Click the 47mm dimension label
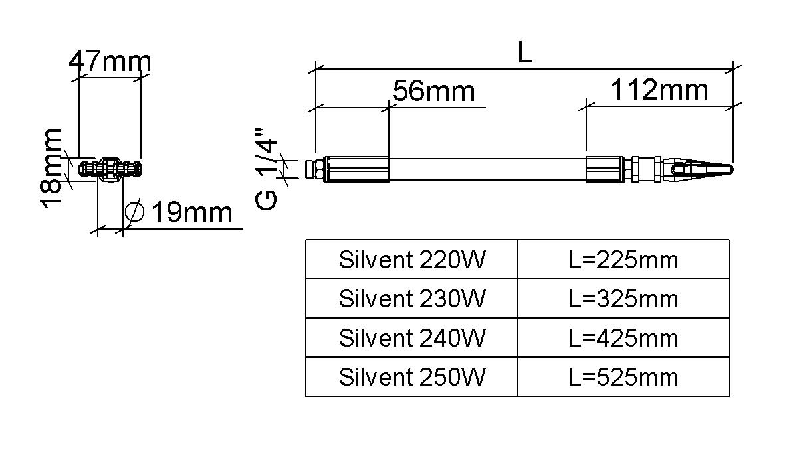[x=110, y=61]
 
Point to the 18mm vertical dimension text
[x=52, y=168]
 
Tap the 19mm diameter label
[x=191, y=212]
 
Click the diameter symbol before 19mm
[x=134, y=212]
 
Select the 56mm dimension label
[x=433, y=91]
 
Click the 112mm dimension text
[x=659, y=90]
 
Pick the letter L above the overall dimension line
[x=524, y=52]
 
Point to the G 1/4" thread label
[x=266, y=169]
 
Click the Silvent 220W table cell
[x=411, y=260]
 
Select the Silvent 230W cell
[x=411, y=299]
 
